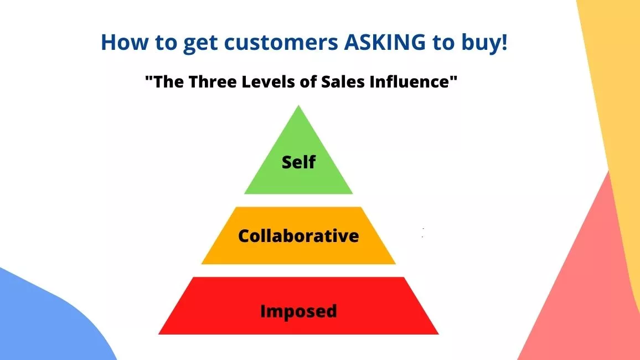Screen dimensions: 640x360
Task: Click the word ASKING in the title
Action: click(x=385, y=42)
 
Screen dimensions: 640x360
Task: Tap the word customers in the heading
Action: click(x=281, y=43)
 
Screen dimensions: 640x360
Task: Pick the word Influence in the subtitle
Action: click(x=409, y=81)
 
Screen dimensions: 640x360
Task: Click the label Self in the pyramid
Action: click(x=298, y=162)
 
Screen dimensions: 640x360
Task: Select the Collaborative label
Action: click(x=298, y=236)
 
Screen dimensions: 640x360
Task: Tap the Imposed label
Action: click(x=298, y=311)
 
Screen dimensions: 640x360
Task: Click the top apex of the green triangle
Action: click(x=298, y=105)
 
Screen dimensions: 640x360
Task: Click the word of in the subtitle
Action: click(x=308, y=81)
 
